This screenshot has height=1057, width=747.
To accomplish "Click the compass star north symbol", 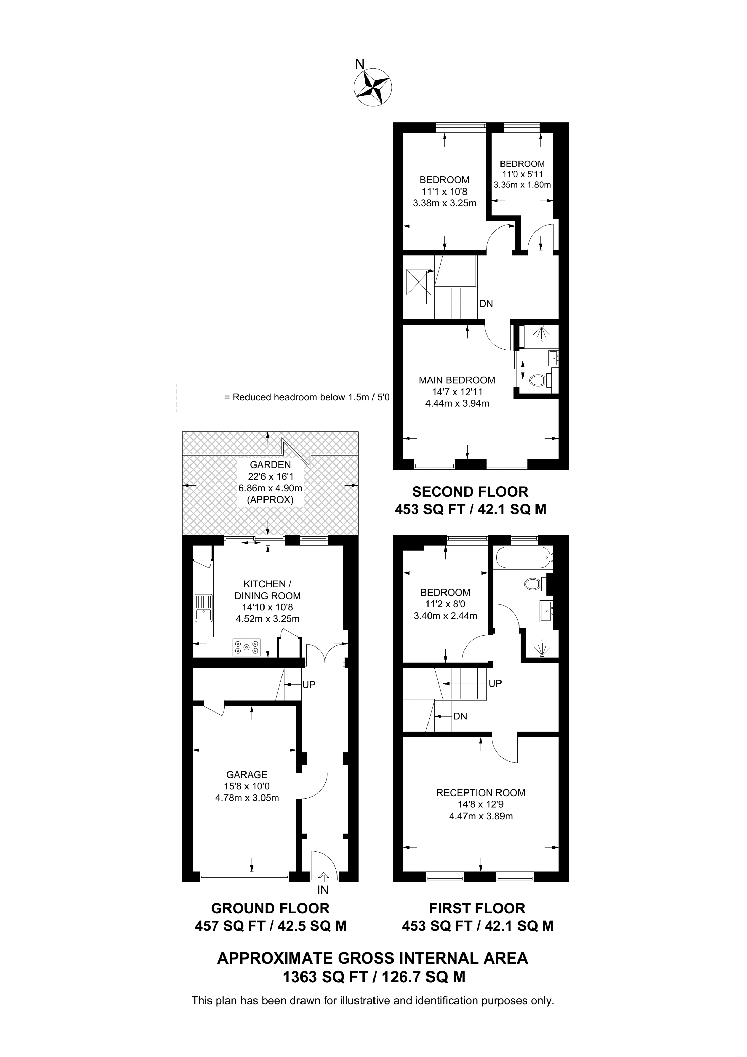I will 373,88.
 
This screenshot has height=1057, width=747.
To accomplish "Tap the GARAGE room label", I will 247,775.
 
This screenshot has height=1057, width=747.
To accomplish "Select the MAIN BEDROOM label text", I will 457,380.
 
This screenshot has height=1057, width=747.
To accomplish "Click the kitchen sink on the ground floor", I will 203,608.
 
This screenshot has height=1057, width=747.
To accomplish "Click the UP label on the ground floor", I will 309,685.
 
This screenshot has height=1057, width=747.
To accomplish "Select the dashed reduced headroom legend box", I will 197,398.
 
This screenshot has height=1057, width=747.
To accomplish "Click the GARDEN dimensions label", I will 270,482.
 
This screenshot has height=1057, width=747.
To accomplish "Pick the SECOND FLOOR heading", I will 470,492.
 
